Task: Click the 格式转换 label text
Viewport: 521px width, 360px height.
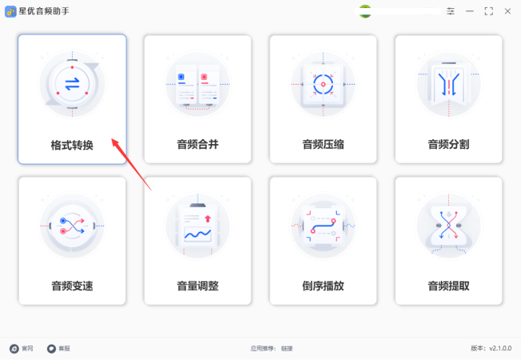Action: tap(72, 145)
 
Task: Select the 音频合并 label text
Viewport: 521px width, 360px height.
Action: tap(198, 145)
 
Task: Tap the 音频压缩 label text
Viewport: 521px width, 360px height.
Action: tap(323, 145)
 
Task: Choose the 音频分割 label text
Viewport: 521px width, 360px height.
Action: tap(448, 145)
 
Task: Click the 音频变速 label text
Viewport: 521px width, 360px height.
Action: tap(72, 286)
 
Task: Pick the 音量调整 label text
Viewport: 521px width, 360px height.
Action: tap(198, 286)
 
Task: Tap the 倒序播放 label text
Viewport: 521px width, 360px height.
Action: tap(323, 286)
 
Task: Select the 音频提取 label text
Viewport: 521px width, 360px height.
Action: tap(448, 286)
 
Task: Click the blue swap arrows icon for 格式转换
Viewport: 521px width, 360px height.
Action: tap(72, 84)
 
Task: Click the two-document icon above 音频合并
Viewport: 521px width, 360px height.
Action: tap(198, 86)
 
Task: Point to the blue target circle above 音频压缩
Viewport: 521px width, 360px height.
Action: tap(323, 84)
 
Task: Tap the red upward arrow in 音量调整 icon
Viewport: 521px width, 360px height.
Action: tap(207, 218)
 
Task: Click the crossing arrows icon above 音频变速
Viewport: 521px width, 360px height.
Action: tap(72, 226)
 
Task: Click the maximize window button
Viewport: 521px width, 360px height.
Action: tap(488, 11)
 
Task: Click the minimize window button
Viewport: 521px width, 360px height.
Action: tap(470, 11)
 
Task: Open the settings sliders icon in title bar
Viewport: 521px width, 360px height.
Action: tap(451, 11)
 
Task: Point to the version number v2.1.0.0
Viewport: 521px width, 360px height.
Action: tap(500, 348)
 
